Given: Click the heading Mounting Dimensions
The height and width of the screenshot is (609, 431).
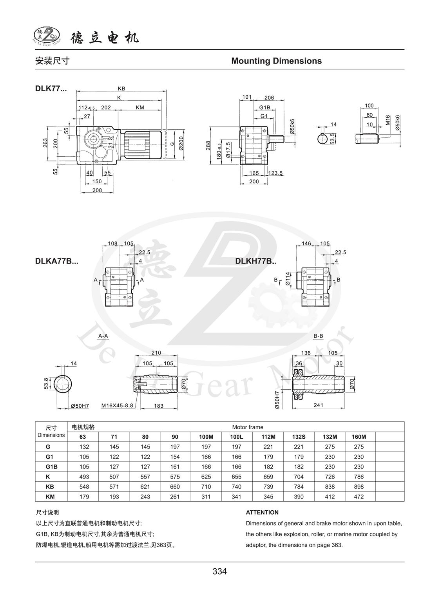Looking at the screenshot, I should [276, 61].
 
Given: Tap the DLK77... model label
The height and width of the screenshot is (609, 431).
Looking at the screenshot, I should [51, 89].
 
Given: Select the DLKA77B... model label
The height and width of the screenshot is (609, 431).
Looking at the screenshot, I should [56, 261].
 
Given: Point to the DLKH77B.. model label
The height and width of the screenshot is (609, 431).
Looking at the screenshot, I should [255, 261].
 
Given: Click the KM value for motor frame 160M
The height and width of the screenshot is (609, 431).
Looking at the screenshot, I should [359, 497].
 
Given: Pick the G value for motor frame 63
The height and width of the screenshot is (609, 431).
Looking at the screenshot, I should [84, 446].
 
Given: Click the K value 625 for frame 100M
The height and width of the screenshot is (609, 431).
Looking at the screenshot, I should [206, 477].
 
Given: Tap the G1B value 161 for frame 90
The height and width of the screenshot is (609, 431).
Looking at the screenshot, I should [175, 466].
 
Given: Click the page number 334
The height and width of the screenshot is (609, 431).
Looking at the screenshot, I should [219, 571].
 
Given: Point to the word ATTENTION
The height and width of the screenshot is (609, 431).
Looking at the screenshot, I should [262, 512].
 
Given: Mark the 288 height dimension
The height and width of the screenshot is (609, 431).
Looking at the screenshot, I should [208, 145].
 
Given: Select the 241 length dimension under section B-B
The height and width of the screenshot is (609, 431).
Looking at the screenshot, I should [318, 405].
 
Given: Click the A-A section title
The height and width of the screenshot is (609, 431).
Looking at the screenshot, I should [103, 336].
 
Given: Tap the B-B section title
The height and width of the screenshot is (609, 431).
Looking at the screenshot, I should [318, 336].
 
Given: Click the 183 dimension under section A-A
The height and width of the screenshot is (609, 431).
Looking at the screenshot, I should [158, 406].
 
